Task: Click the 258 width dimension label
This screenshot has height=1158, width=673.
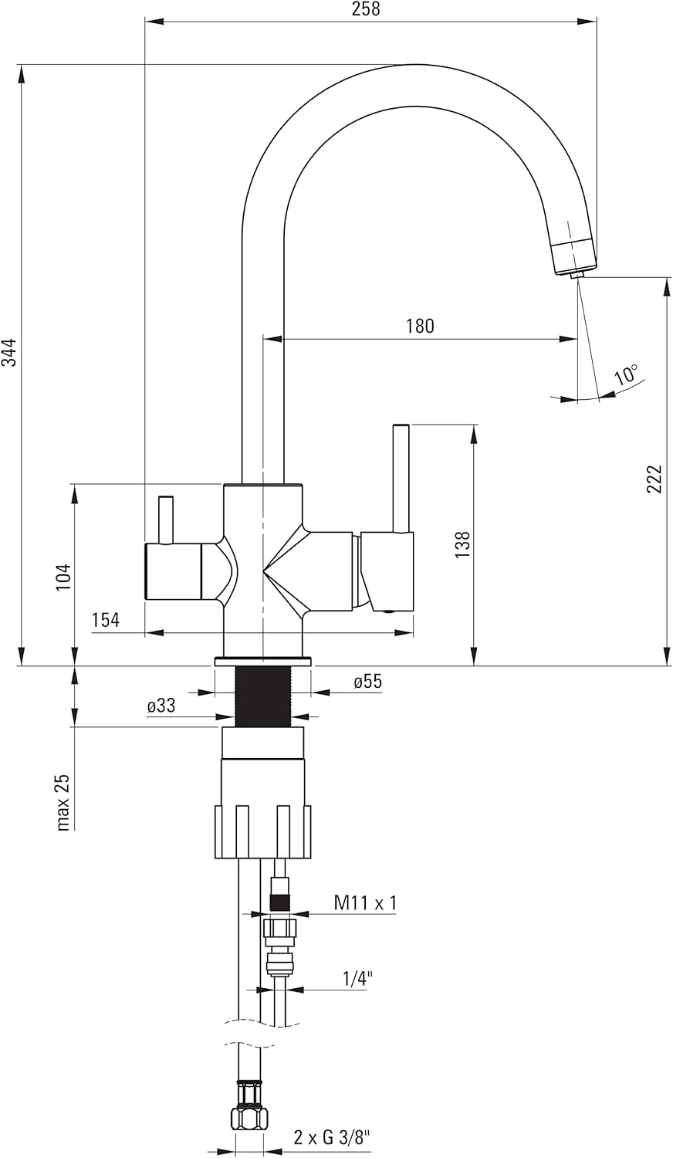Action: tap(366, 8)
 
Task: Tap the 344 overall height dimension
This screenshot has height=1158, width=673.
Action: tap(9, 352)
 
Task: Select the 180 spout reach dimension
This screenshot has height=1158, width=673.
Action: tap(420, 326)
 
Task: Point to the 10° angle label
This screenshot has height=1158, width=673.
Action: tap(627, 373)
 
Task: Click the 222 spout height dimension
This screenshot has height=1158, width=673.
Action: tap(654, 479)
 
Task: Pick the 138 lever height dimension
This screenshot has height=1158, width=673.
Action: tap(462, 543)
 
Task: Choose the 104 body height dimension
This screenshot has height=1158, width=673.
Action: tap(63, 577)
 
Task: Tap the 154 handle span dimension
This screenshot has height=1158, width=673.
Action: tap(106, 620)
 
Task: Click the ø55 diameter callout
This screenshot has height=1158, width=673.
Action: tap(367, 682)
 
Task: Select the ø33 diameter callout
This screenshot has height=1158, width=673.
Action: tap(161, 706)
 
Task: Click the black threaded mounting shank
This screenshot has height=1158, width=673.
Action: tap(264, 696)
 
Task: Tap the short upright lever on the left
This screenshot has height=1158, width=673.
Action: tap(165, 520)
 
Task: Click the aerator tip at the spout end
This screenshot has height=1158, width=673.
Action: tap(577, 275)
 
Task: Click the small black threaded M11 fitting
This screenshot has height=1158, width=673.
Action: tap(279, 904)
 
